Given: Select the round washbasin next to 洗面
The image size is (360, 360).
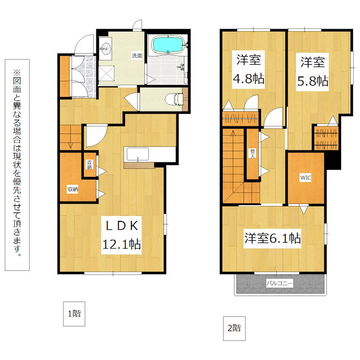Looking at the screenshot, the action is [x=105, y=49].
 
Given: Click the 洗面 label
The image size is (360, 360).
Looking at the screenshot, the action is [x=137, y=55].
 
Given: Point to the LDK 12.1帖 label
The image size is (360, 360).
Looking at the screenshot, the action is [x=121, y=235].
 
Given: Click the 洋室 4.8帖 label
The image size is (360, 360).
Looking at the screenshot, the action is [x=248, y=69].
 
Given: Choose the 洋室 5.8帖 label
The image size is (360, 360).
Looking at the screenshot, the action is [x=312, y=72].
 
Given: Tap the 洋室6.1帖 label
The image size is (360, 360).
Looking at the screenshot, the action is [x=272, y=238].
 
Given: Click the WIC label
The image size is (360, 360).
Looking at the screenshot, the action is [x=306, y=177].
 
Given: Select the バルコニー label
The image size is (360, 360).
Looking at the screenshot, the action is [x=279, y=283].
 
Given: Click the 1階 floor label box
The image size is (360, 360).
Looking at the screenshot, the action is [x=74, y=314].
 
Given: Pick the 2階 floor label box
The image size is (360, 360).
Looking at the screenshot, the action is [x=234, y=328].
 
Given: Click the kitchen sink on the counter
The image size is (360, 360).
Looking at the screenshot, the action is [x=138, y=154].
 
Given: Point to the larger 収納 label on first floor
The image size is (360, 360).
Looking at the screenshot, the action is [x=72, y=189].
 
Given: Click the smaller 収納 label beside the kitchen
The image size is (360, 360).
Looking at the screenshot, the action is [x=89, y=164].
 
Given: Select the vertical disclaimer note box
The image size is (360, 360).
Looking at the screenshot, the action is [x=17, y=165].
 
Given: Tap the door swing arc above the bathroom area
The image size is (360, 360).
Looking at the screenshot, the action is [x=138, y=24].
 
